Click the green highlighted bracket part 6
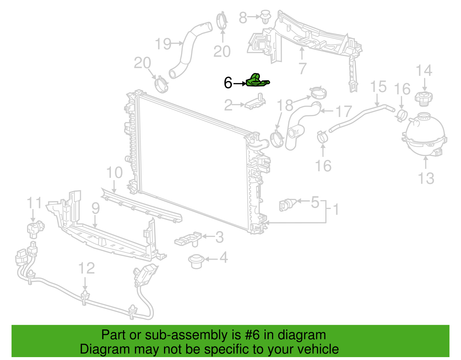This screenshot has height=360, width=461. click(257, 81)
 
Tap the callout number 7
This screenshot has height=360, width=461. click(302, 68)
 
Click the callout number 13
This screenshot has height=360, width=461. click(426, 178)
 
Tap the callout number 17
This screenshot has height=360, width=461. click(344, 111)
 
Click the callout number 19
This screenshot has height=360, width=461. click(163, 44)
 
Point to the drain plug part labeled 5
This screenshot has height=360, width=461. click(288, 205)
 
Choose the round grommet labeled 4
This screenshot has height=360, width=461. click(196, 261)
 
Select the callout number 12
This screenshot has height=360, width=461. click(86, 268)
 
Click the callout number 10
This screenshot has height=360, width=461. click(114, 172)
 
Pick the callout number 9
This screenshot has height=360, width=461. click(95, 208)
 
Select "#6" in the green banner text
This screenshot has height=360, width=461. click(252, 335)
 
